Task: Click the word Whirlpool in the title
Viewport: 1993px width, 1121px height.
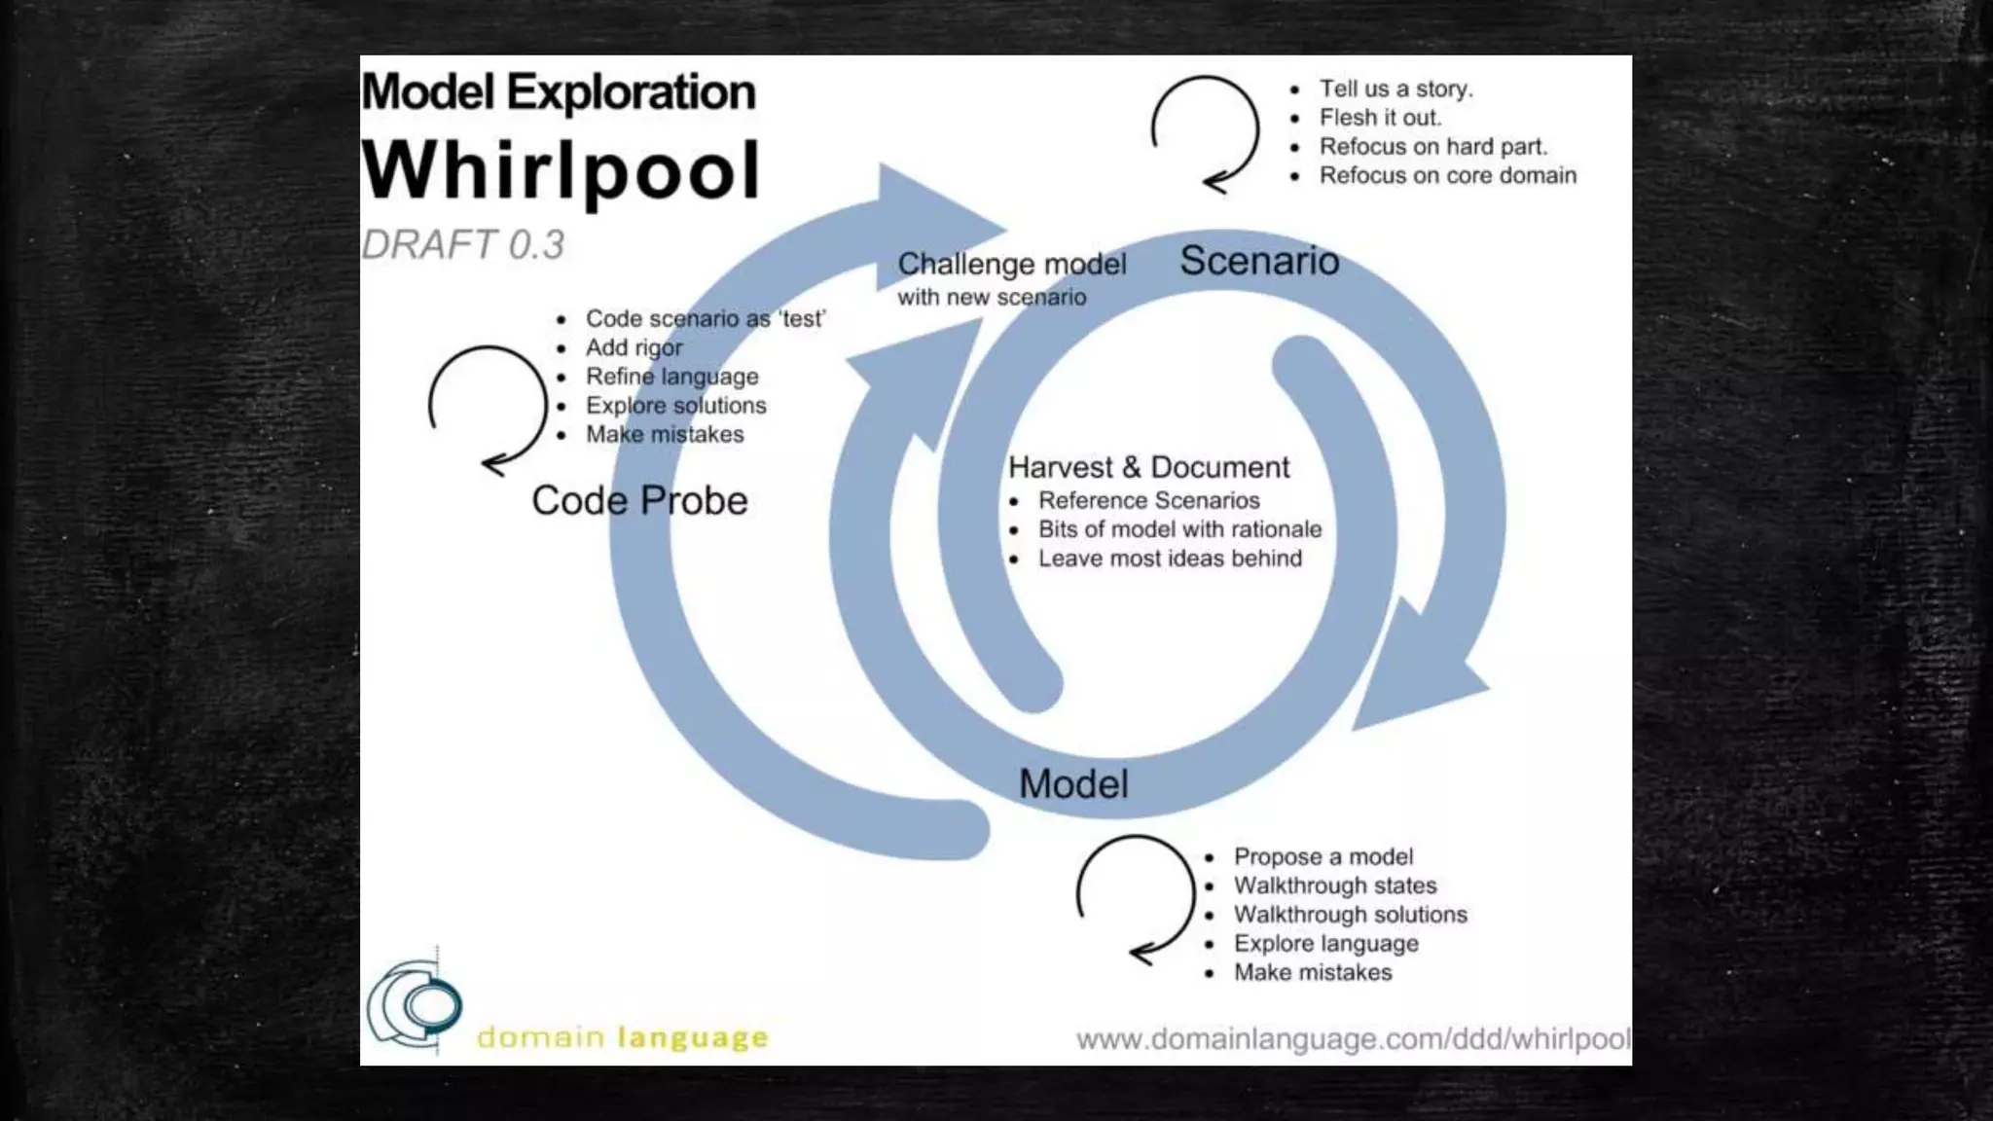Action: (x=561, y=171)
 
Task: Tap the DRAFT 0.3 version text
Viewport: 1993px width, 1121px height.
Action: (x=463, y=245)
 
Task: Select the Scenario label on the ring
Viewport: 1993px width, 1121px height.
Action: (x=1259, y=261)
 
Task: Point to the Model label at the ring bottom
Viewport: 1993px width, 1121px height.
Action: (x=1073, y=783)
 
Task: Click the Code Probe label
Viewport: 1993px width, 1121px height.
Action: (x=639, y=500)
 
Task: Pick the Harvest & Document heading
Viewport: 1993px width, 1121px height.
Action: (x=1148, y=467)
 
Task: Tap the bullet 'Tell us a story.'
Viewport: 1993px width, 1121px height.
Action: (x=1395, y=89)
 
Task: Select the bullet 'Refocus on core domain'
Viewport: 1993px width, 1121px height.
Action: (x=1447, y=175)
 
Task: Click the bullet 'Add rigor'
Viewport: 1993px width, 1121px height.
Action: (x=634, y=347)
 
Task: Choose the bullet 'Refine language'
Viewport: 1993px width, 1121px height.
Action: (x=671, y=377)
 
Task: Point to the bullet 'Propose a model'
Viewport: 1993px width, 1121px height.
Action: (x=1323, y=856)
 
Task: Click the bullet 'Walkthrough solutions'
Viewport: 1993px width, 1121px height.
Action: (x=1350, y=915)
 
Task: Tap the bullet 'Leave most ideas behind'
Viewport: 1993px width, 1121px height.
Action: (x=1170, y=559)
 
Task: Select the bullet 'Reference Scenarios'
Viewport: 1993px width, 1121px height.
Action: (x=1148, y=500)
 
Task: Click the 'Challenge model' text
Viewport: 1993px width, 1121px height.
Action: (x=1012, y=264)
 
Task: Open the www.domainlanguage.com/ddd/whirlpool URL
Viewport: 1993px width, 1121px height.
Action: (x=1353, y=1039)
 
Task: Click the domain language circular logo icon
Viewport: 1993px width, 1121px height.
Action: (x=416, y=1004)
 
